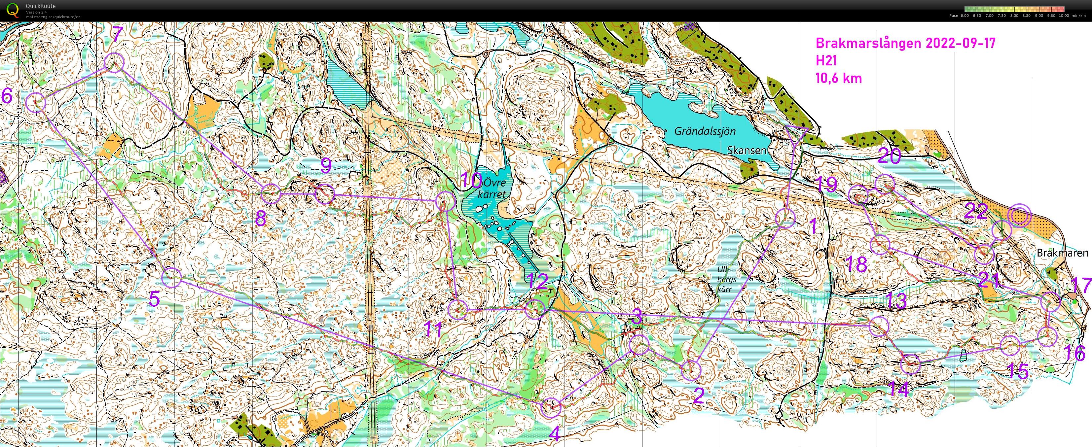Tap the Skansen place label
[x=746, y=151]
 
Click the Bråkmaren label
[x=1062, y=253]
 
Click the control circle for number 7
[x=114, y=63]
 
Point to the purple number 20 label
[x=889, y=157]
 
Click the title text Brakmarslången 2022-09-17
[x=905, y=43]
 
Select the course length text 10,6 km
[x=839, y=78]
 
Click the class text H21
[x=826, y=61]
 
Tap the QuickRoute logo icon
[x=13, y=9]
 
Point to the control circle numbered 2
[x=691, y=371]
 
